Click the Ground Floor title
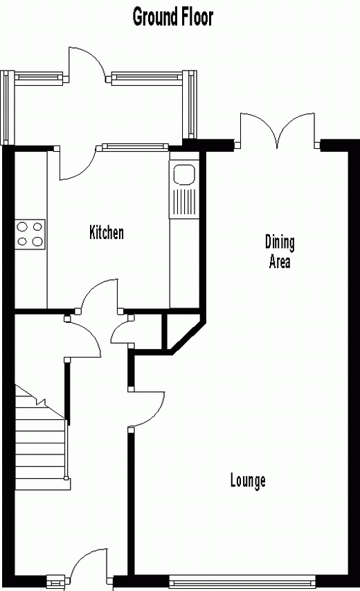pyautogui.click(x=173, y=17)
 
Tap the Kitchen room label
pyautogui.click(x=107, y=232)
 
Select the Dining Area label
pyautogui.click(x=280, y=252)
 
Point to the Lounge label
pyautogui.click(x=248, y=481)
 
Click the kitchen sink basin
pyautogui.click(x=183, y=175)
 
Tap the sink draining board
pyautogui.click(x=183, y=203)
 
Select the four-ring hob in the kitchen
pyautogui.click(x=30, y=234)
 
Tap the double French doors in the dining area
pyautogui.click(x=278, y=130)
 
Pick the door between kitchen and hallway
pyautogui.click(x=100, y=295)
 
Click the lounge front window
pyautogui.click(x=242, y=579)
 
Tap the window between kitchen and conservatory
pyautogui.click(x=134, y=147)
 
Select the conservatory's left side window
pyautogui.click(x=6, y=107)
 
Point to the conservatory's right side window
pyautogui.click(x=192, y=104)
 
